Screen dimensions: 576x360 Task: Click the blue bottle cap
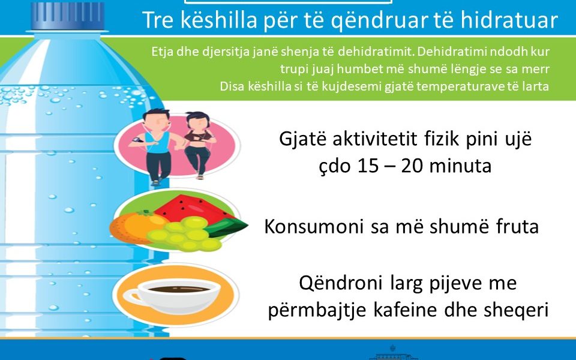point(68,16)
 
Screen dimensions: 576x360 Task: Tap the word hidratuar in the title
point(509,20)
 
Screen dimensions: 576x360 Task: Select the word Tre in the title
point(157,20)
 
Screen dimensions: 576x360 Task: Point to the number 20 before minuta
point(412,166)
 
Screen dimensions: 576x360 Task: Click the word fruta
point(517,226)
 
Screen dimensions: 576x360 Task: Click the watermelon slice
point(194,209)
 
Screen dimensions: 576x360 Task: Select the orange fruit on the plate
point(136,227)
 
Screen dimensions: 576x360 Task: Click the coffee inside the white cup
point(179,289)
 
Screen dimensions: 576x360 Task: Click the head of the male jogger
point(156,119)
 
